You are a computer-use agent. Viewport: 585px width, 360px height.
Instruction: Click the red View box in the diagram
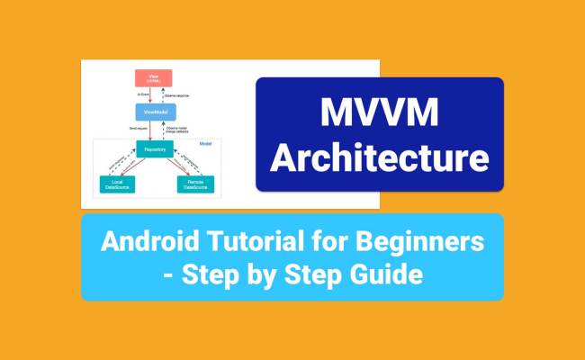[159, 78]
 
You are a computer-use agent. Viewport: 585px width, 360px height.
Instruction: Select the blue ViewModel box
[159, 112]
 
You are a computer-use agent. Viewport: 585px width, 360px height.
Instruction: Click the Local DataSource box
[118, 184]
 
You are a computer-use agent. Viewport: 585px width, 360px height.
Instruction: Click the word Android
[145, 241]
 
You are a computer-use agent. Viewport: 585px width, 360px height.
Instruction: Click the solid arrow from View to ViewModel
[152, 95]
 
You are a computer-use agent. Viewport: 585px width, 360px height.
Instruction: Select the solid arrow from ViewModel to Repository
[152, 130]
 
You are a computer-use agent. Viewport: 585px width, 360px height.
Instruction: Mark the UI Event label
[141, 95]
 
